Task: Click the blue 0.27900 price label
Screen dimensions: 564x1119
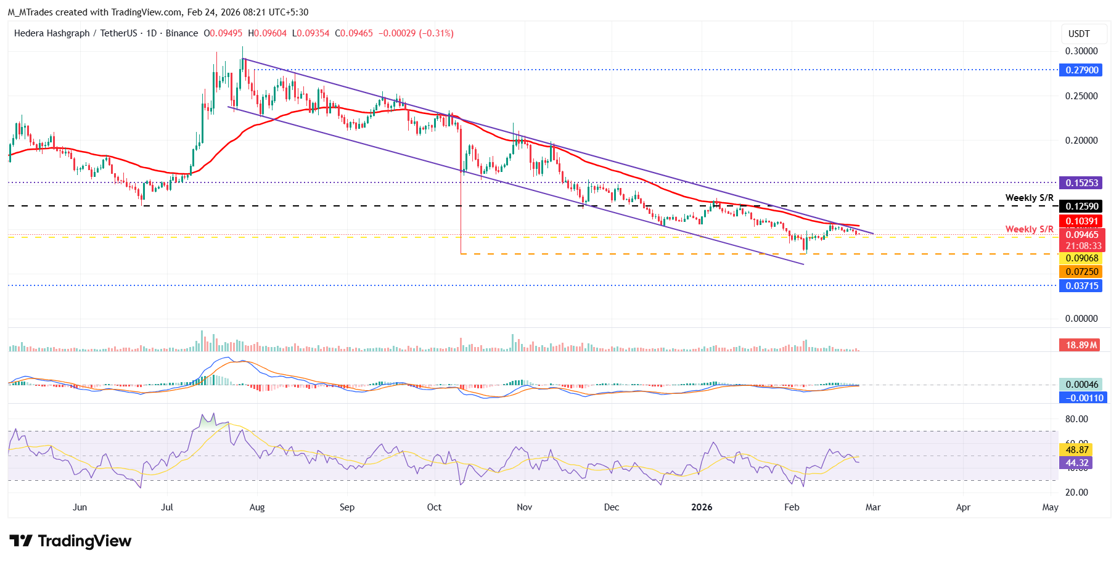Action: pos(1082,70)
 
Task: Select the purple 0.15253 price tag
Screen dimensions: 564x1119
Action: pos(1082,183)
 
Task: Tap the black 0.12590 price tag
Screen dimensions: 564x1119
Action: pos(1082,206)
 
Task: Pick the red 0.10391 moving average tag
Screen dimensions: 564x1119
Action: pos(1082,221)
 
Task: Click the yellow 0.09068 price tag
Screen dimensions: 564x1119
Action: pos(1082,259)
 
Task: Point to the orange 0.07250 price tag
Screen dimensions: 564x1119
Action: pos(1082,272)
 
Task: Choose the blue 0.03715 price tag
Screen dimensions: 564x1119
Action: pos(1082,286)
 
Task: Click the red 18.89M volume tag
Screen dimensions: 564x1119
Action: pos(1081,345)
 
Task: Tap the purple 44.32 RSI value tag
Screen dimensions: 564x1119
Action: pos(1076,463)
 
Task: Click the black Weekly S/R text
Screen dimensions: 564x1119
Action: pos(1029,198)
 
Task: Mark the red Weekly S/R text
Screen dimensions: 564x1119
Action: pos(1029,229)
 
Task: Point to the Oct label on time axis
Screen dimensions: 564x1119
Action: pos(434,507)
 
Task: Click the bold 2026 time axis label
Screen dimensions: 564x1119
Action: pos(702,507)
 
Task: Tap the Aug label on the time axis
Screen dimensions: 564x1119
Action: pos(257,507)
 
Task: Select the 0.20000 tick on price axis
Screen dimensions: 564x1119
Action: pos(1081,141)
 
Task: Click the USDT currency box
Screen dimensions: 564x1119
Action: pos(1079,34)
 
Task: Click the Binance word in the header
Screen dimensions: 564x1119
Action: pos(182,33)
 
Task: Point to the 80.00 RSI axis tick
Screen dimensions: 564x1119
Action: pos(1076,419)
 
